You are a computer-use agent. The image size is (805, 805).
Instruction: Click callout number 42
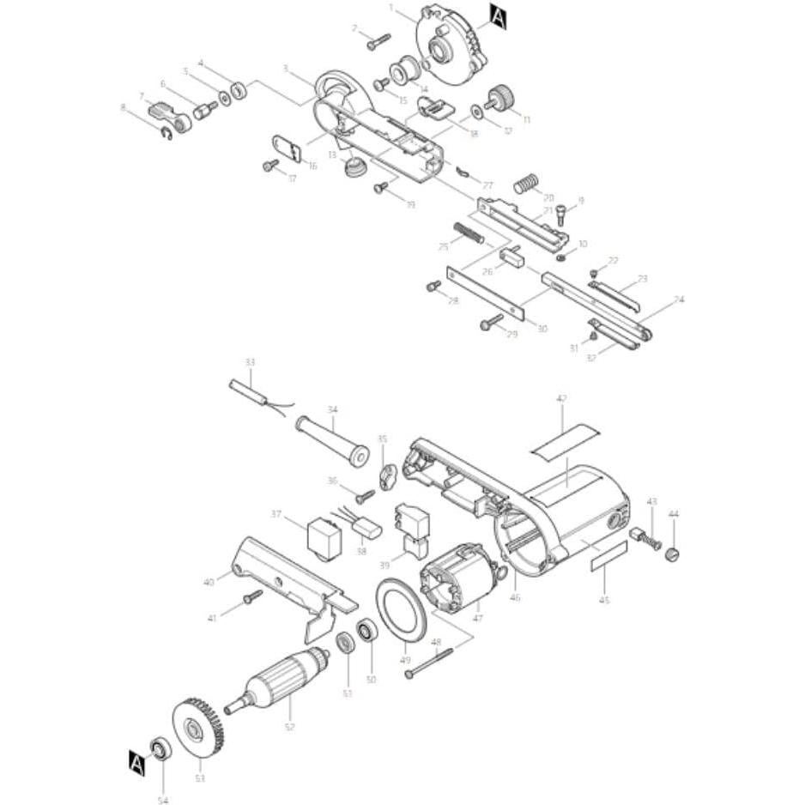[x=562, y=399]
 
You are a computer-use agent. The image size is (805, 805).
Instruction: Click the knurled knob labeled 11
[x=499, y=97]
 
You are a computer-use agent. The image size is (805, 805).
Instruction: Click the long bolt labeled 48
[x=430, y=662]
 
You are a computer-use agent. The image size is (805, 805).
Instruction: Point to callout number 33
[x=250, y=363]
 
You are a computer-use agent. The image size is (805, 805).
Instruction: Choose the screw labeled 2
[x=378, y=39]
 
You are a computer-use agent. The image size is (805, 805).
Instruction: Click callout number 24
[x=679, y=300]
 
